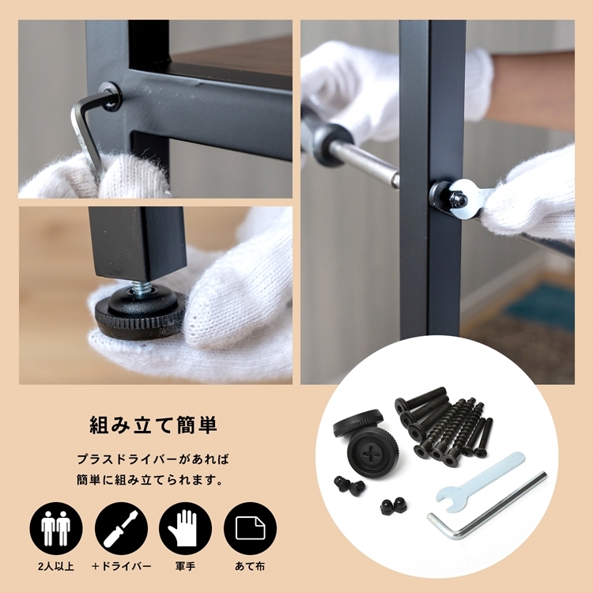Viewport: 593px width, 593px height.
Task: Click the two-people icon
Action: pyautogui.click(x=56, y=528)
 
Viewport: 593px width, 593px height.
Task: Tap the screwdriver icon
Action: pyautogui.click(x=121, y=528)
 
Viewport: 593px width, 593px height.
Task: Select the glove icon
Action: pyautogui.click(x=185, y=528)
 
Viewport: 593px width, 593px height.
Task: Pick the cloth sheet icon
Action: pyautogui.click(x=250, y=528)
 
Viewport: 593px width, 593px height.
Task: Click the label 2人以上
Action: pyautogui.click(x=56, y=567)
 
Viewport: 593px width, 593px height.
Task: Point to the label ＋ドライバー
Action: pyautogui.click(x=121, y=567)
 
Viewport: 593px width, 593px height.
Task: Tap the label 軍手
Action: pyautogui.click(x=185, y=567)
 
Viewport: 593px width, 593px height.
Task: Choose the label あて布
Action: pyautogui.click(x=250, y=567)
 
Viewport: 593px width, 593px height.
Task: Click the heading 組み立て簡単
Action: pyautogui.click(x=153, y=425)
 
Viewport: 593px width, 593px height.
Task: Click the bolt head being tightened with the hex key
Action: pyautogui.click(x=111, y=96)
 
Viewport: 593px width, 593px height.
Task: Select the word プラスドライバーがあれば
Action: pyautogui.click(x=153, y=459)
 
